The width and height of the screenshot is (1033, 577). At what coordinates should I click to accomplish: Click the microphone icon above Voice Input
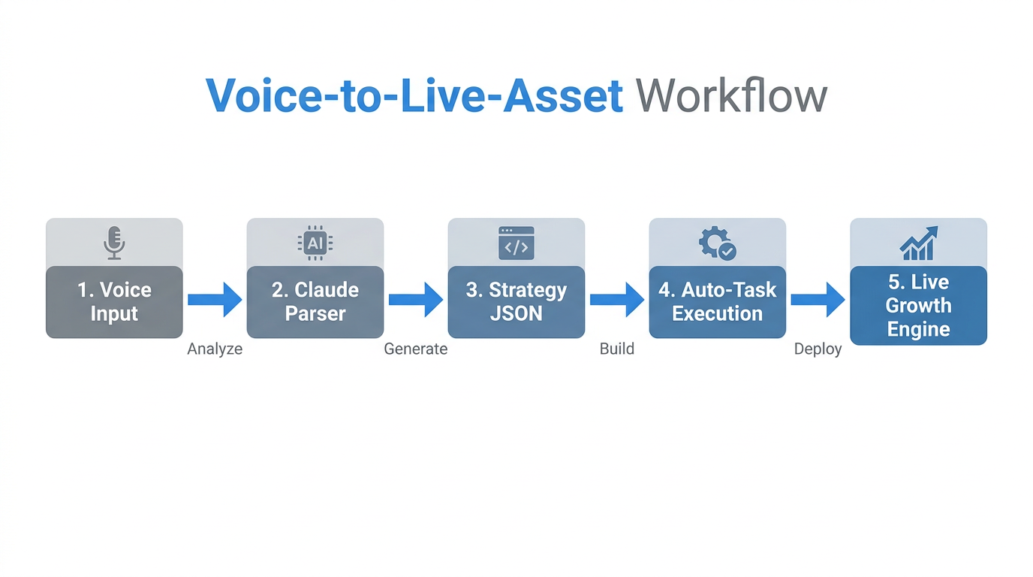pos(114,243)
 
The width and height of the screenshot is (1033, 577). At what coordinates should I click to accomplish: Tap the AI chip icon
pos(315,243)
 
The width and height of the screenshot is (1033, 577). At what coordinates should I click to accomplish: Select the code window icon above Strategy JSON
pos(516,243)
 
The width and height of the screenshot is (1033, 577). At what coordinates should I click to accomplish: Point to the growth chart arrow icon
pos(918,243)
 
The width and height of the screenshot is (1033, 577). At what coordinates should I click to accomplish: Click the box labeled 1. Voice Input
pos(114,301)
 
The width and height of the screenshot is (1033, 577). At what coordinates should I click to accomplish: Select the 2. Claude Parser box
pos(315,301)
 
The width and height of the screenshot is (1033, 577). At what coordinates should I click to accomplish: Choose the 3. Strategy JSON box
pos(516,301)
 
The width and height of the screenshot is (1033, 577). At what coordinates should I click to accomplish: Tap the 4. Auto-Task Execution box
pos(717,301)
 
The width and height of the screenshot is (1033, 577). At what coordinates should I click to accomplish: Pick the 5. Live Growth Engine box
pos(918,305)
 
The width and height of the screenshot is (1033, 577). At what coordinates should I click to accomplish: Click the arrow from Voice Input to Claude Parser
pos(215,300)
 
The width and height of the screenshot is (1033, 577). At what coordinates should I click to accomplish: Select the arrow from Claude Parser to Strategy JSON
pos(416,300)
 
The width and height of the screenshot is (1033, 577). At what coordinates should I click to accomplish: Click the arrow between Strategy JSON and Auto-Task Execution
pos(617,300)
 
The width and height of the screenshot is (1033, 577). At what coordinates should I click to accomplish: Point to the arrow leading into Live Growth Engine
pos(818,300)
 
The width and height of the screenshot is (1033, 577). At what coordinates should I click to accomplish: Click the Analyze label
pos(215,349)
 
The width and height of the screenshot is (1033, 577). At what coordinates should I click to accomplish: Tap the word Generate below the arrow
pos(415,349)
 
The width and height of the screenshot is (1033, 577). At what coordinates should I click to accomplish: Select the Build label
pos(616,349)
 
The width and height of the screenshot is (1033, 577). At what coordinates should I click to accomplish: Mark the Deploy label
pos(818,349)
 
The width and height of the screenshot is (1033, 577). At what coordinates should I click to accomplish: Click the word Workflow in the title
pos(730,96)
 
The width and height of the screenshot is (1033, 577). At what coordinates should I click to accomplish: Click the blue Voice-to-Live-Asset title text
pos(414,96)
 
